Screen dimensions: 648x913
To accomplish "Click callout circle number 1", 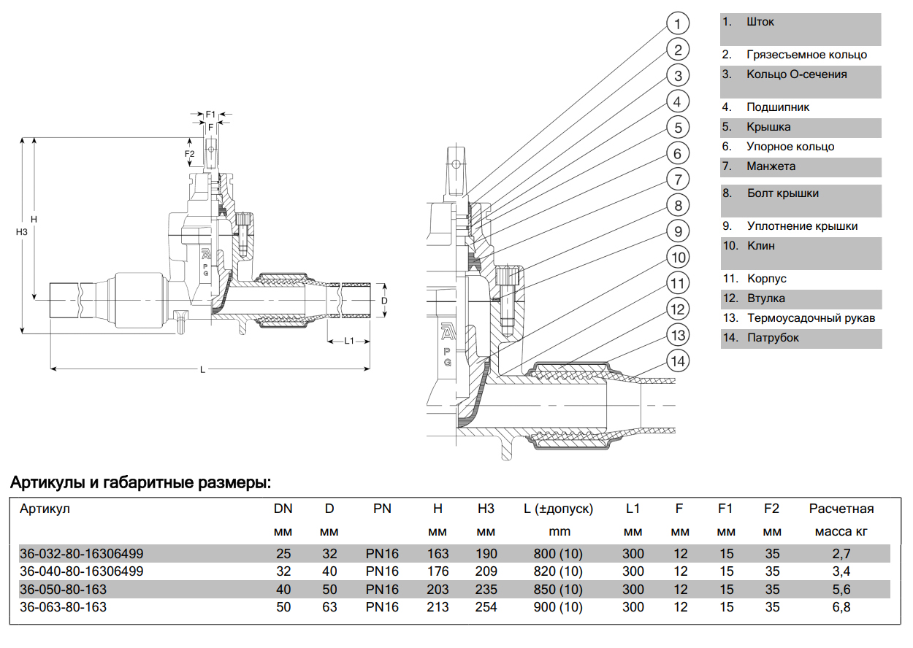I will pos(678,24).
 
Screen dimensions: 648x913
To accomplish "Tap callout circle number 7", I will pos(678,180).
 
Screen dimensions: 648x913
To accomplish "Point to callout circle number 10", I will pos(679,258).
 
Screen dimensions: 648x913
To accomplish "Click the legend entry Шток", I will pos(760,22).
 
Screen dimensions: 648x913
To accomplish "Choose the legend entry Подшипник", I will pos(778,107).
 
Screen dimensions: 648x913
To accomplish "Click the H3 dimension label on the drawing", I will pos(22,232).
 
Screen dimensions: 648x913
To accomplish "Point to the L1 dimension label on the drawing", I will pos(349,341).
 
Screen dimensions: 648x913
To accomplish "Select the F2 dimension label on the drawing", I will pos(189,155).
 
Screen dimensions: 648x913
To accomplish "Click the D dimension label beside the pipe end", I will pos(384,300).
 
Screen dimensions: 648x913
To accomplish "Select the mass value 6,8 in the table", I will pos(841,607).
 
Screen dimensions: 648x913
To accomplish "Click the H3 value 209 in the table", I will pos(486,571).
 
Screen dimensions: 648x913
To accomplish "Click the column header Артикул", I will pos(45,509).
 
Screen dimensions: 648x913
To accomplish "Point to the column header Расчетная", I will pos(841,509).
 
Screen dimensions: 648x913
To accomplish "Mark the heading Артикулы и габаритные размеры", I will pos(140,483).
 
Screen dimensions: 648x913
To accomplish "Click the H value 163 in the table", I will pos(438,554).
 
